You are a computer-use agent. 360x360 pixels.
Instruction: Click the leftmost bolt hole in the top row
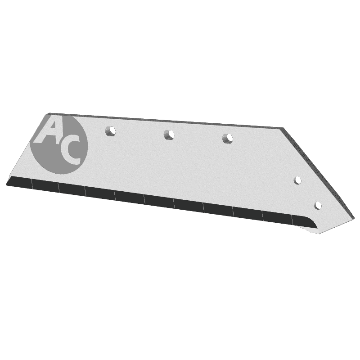point(110,131)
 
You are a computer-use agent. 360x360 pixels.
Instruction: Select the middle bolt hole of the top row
point(169,134)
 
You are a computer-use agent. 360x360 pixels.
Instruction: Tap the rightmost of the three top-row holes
point(228,138)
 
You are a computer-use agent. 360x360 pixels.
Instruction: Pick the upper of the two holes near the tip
point(298,180)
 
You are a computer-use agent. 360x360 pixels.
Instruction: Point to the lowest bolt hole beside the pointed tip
point(318,206)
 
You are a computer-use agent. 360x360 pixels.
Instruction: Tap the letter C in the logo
point(70,152)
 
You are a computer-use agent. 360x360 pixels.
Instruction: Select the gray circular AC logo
point(59,144)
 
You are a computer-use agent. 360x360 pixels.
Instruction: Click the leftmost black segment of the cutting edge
point(20,183)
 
